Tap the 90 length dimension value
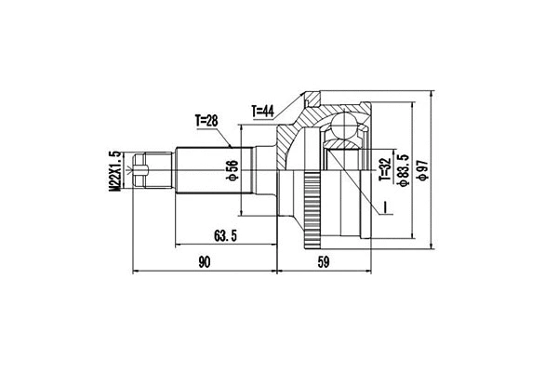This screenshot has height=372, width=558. pyautogui.click(x=204, y=263)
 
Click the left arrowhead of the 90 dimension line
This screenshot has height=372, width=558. pyautogui.click(x=139, y=273)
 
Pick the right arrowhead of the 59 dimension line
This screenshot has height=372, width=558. pyautogui.click(x=371, y=273)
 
